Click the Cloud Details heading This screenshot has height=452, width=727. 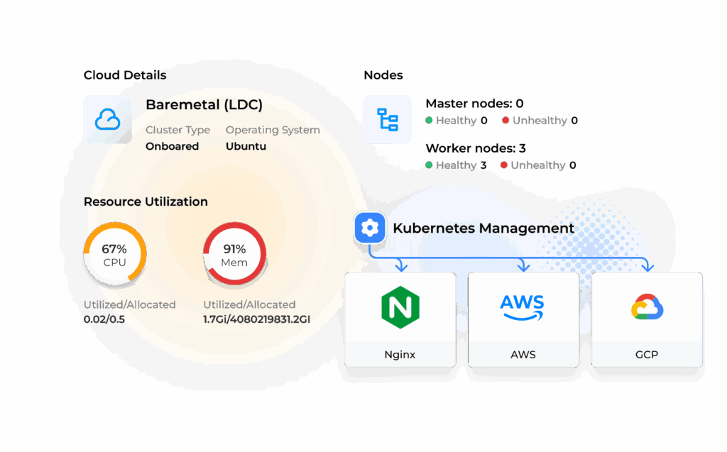tap(125, 75)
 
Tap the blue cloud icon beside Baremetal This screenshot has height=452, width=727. tap(107, 119)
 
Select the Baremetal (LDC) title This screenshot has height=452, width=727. tap(204, 106)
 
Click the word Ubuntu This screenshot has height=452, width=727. tap(246, 146)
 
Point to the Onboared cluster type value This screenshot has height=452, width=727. tap(172, 146)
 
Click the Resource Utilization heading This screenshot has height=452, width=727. tap(146, 202)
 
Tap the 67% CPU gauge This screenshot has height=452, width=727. tap(114, 255)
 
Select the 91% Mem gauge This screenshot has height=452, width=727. tap(234, 255)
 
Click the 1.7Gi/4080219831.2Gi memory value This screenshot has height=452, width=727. tap(256, 319)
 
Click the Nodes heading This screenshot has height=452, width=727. tap(383, 75)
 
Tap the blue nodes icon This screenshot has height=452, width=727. tap(387, 119)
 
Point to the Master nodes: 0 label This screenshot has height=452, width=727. tap(474, 104)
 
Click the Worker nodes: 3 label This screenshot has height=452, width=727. tap(474, 149)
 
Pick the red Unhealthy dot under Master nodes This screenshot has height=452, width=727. tap(505, 121)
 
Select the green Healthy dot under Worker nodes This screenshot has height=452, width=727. tap(429, 165)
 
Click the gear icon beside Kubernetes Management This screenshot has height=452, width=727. tap(369, 228)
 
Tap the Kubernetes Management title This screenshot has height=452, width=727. tap(483, 228)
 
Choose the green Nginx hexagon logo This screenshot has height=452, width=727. tap(400, 307)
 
